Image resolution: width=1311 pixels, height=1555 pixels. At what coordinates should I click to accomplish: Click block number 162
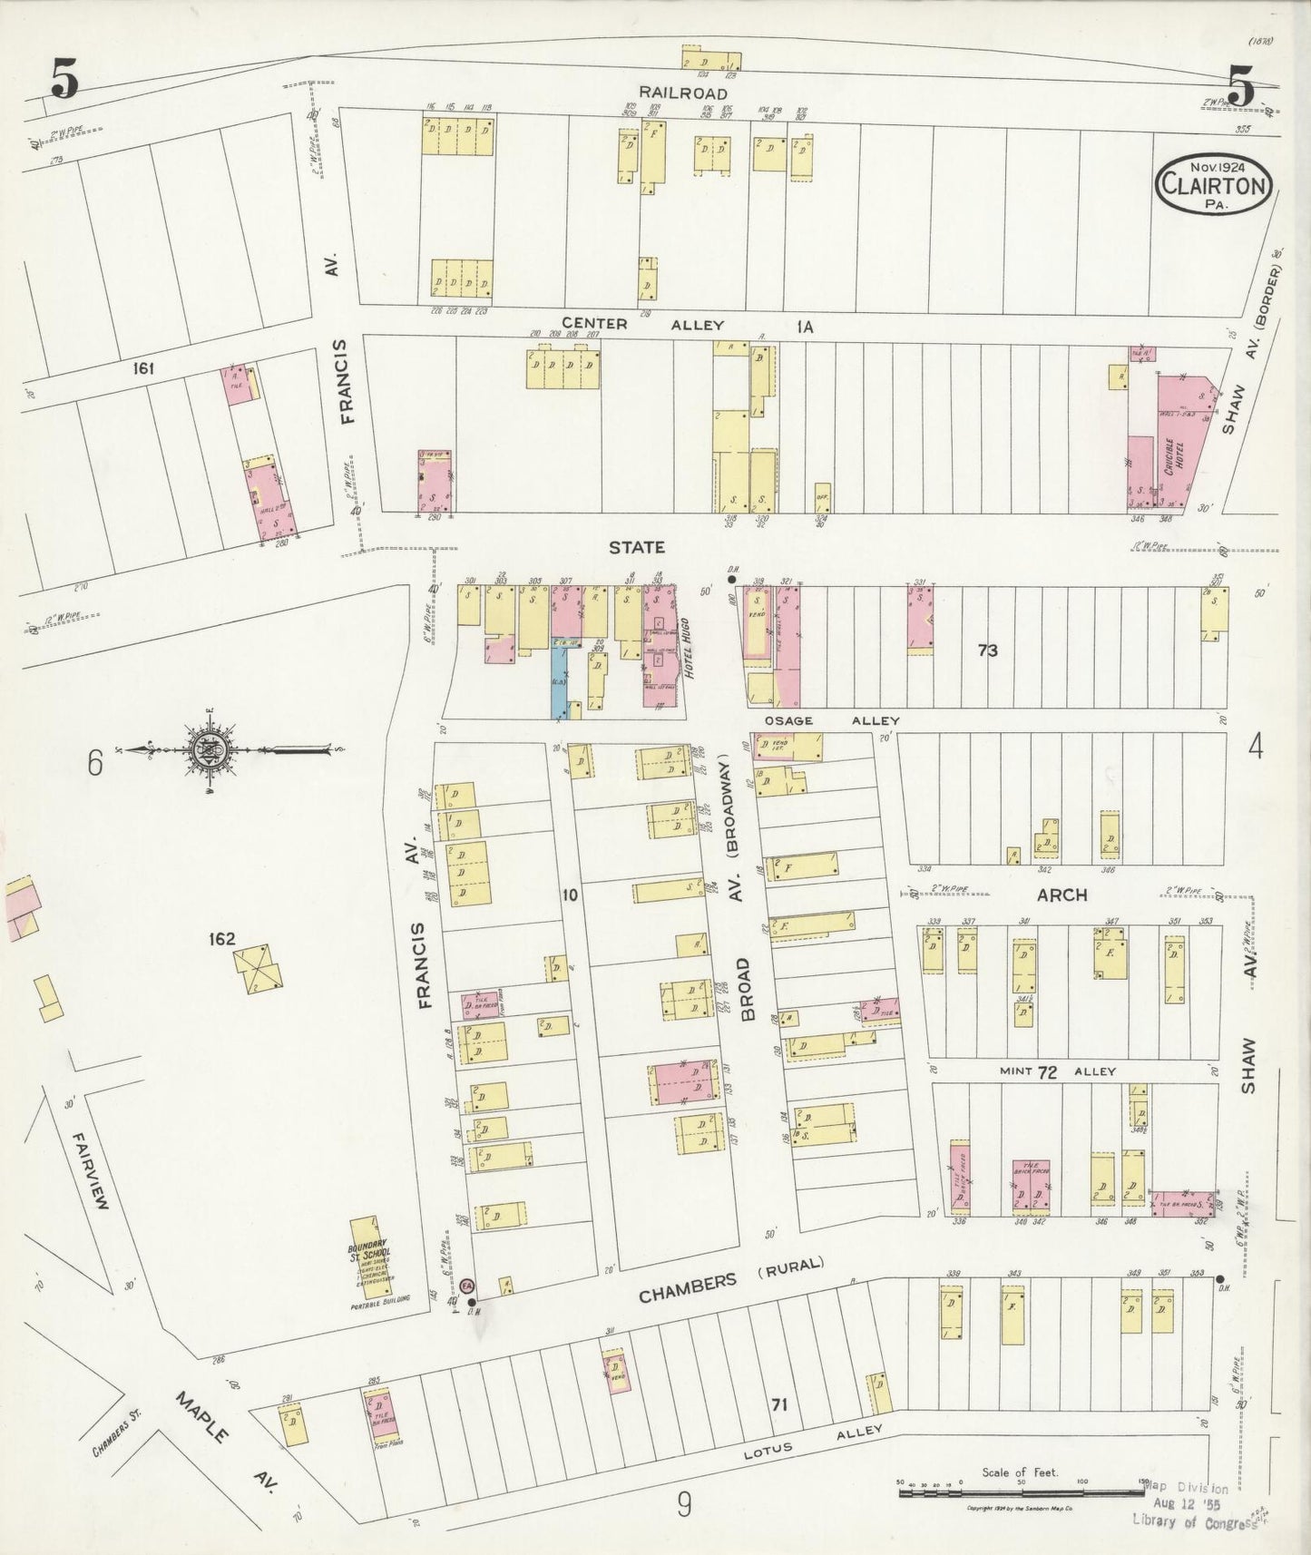221,940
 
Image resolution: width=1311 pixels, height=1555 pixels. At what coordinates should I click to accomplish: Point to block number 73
987,650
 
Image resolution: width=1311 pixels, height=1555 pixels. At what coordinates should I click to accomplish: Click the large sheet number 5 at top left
64,83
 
